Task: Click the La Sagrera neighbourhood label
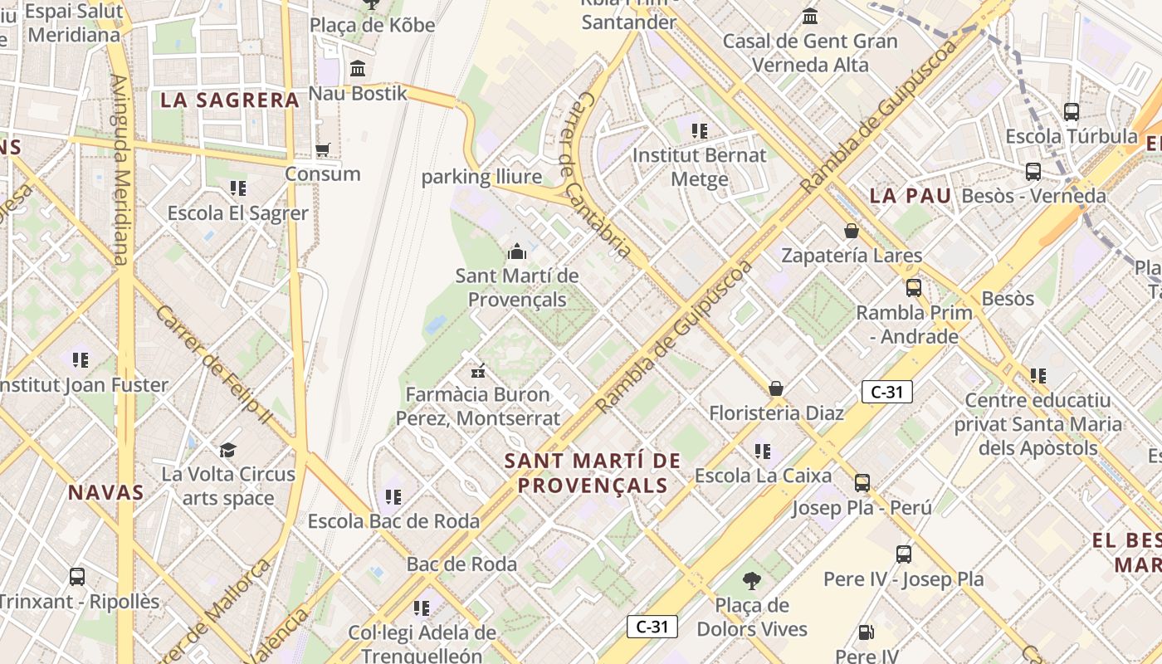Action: [x=229, y=100]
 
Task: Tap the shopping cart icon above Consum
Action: [x=323, y=150]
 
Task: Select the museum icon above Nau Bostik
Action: [x=358, y=68]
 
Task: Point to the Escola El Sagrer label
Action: [x=238, y=213]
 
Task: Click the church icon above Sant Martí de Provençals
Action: [x=517, y=251]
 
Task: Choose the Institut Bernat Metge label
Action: [x=700, y=167]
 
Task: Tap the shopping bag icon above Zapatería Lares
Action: [x=851, y=231]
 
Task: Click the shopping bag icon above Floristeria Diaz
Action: [x=776, y=388]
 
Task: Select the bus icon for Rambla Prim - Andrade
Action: [x=914, y=288]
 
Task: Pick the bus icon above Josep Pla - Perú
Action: [x=862, y=482]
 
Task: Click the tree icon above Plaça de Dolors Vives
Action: [x=752, y=580]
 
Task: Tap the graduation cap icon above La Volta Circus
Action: [x=227, y=450]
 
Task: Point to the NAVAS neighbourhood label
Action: [x=106, y=492]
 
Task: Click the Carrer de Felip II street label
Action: [x=212, y=365]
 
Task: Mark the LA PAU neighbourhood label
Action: [x=910, y=197]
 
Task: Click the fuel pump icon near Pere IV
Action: [x=866, y=632]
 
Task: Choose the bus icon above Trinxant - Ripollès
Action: [x=77, y=576]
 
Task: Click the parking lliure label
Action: [x=481, y=177]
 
